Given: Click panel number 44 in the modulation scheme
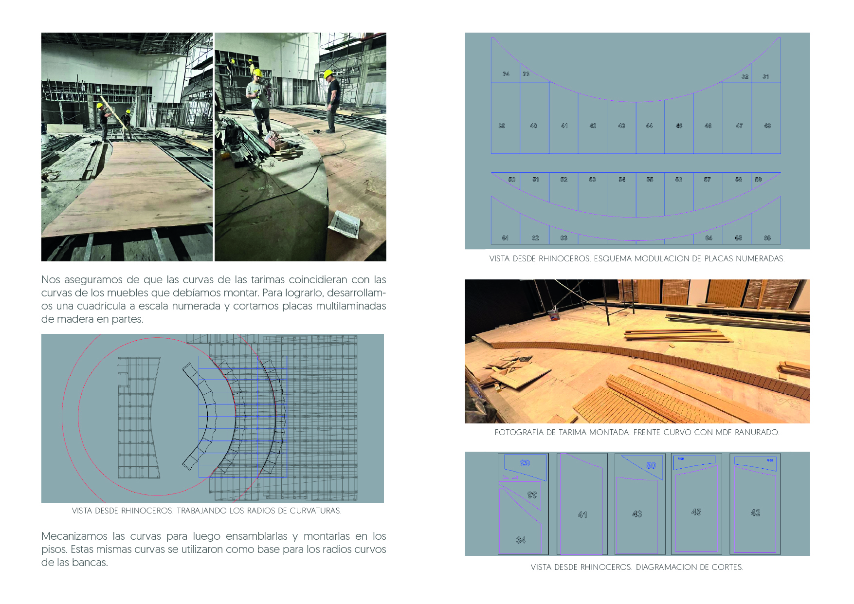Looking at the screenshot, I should (x=649, y=126).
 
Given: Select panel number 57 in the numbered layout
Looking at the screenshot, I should (x=707, y=180).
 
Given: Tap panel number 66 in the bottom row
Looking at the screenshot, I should (x=767, y=238).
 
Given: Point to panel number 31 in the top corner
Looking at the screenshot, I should (x=765, y=76).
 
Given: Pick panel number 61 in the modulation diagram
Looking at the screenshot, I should (x=505, y=238).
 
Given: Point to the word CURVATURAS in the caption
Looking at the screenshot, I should (x=315, y=511).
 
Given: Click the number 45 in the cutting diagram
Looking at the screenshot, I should (x=696, y=512).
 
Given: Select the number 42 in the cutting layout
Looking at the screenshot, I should (x=755, y=512).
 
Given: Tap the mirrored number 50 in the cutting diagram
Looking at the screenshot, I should (x=651, y=465).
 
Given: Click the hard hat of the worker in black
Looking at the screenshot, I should (x=328, y=73).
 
